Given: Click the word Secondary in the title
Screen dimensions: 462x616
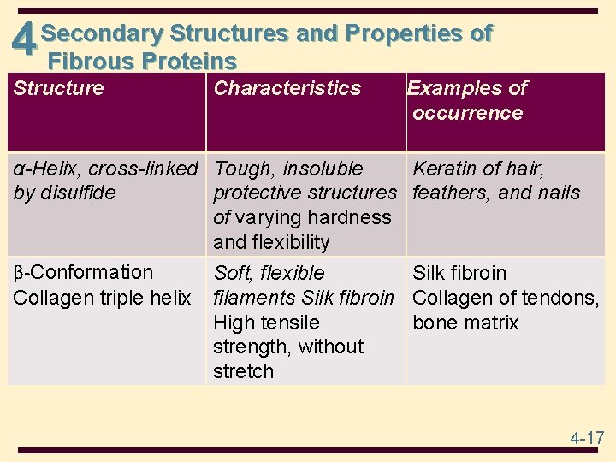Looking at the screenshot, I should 102,33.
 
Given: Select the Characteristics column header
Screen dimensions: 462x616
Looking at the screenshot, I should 287,88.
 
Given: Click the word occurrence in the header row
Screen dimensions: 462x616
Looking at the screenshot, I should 467,113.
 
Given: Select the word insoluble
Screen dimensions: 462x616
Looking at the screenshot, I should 323,169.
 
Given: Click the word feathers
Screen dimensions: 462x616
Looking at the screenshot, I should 451,192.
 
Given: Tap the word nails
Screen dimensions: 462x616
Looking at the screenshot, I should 555,192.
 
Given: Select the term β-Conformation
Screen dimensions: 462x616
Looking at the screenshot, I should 83,273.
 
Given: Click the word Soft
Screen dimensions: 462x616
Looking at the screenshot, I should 233,273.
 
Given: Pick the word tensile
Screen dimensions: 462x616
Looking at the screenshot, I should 289,323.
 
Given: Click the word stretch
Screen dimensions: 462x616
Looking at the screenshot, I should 244,371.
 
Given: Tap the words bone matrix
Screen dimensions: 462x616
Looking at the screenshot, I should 465,323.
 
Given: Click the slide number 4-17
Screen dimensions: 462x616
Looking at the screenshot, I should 587,438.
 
